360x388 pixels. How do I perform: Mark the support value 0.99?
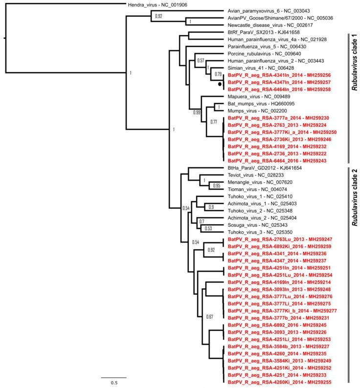[197, 113]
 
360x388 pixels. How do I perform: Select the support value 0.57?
[200, 61]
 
